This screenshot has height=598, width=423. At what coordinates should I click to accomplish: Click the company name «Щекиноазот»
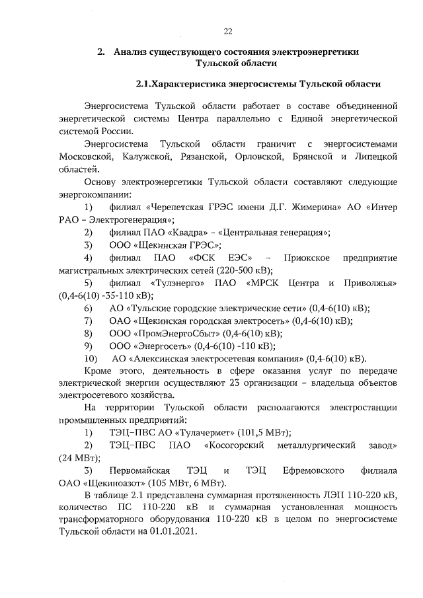[x=119, y=482]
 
